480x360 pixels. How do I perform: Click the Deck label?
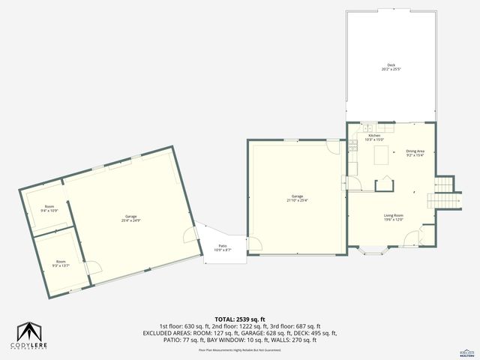point(391,67)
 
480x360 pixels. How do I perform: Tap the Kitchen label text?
point(373,137)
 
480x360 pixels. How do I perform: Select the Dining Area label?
point(415,153)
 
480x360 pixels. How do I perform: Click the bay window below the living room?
point(373,251)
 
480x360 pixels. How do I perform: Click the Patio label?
point(223,247)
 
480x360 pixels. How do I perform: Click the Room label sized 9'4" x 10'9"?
point(49,208)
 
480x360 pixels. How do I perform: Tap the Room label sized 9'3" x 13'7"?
point(61,263)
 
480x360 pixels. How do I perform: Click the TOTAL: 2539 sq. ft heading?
point(240,319)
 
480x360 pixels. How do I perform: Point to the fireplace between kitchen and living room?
point(385,182)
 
